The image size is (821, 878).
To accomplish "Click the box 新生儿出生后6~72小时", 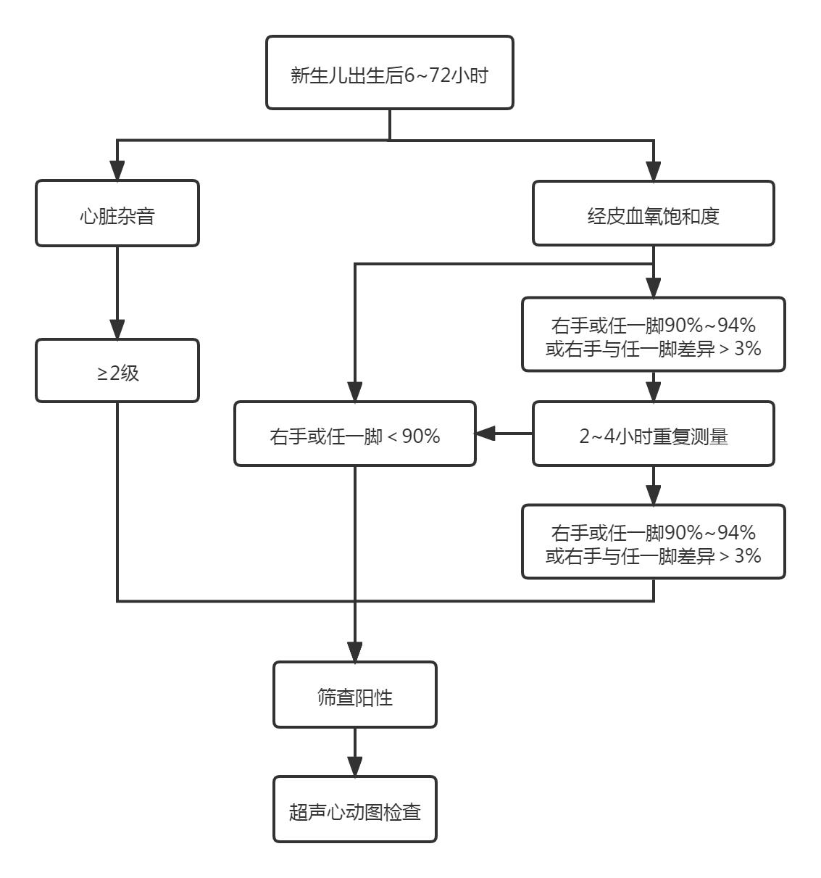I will point(390,73).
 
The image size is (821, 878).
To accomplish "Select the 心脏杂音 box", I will point(117,214).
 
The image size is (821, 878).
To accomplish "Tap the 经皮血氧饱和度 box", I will point(653,214).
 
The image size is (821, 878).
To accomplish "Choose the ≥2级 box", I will point(117,371).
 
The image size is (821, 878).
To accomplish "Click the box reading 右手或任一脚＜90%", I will point(355,434).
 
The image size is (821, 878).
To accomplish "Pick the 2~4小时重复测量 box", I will point(653,434).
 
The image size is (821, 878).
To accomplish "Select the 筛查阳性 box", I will point(355,695).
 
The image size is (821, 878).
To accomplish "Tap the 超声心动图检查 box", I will point(355,810).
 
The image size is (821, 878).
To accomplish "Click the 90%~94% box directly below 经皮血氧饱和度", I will point(653,335).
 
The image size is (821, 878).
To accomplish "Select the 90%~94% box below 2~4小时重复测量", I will point(653,542).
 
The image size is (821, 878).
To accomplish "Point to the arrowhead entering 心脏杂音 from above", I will point(117,171).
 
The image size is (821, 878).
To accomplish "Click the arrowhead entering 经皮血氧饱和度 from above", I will point(653,171).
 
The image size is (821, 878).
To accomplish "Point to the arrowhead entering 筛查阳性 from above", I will point(355,651).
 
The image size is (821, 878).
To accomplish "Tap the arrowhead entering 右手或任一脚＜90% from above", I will point(355,392).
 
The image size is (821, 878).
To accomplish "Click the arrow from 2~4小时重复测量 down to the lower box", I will point(653,486).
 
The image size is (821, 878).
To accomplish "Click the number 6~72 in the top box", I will point(428,75).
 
